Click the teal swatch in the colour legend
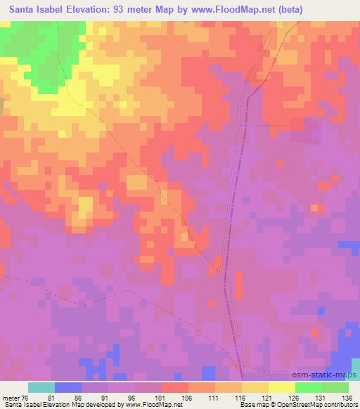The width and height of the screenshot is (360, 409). tap(41, 387)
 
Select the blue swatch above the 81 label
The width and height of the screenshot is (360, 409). tap(68, 387)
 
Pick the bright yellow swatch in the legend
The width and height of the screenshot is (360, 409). tap(282, 387)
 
